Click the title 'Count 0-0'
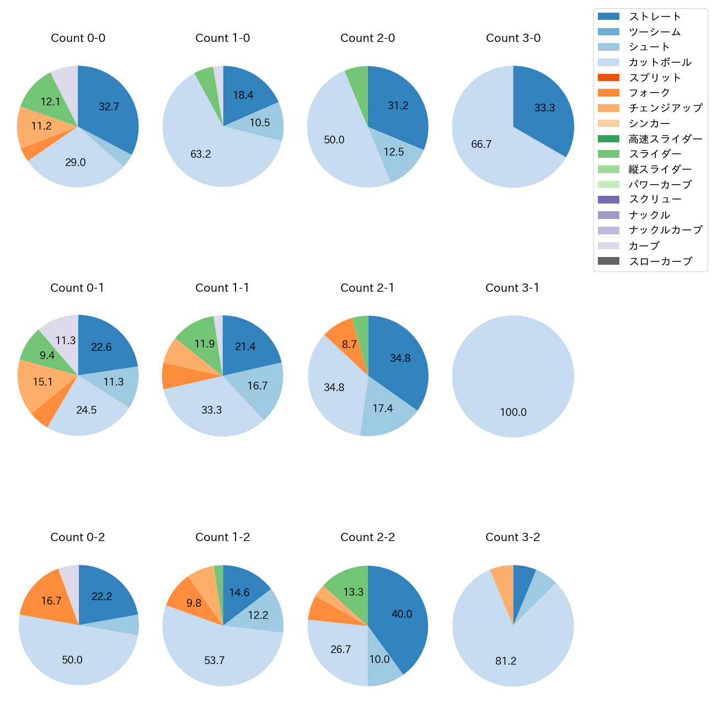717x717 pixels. point(78,38)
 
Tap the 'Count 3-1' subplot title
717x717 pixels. point(512,288)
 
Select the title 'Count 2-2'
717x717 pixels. point(367,537)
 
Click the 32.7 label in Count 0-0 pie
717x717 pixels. point(109,107)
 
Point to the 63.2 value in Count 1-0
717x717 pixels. point(201,154)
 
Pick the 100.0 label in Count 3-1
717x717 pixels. point(513,413)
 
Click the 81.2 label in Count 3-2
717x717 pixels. point(506,661)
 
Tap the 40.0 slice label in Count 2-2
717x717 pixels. point(402,614)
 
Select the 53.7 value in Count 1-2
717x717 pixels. point(215,661)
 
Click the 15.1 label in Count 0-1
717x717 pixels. point(42,382)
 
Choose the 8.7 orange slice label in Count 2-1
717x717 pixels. point(349,345)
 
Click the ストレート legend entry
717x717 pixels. point(655,17)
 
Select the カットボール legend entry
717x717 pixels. point(660,62)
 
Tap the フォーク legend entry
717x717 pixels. point(649,93)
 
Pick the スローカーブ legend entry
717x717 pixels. point(660,261)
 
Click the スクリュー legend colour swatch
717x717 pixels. point(608,200)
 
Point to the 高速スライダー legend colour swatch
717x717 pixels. point(608,138)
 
